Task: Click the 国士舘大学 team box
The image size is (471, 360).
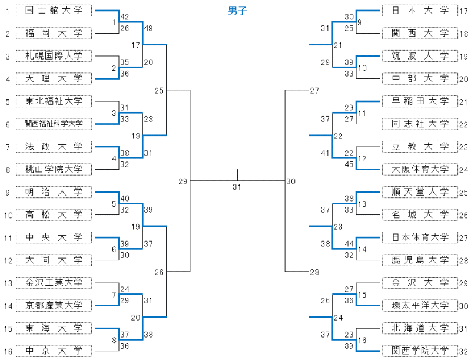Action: click(54, 11)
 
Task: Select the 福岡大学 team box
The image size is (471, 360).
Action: click(54, 33)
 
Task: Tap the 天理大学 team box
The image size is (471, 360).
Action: click(54, 78)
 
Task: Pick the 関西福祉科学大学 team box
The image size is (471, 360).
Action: click(54, 124)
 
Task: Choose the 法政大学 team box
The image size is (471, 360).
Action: click(54, 146)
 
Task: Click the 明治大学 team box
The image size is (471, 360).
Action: click(54, 192)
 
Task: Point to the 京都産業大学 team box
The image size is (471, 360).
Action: click(54, 305)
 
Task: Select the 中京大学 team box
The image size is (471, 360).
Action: click(54, 351)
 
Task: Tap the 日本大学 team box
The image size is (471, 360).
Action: click(420, 11)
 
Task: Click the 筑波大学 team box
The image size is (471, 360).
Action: click(420, 56)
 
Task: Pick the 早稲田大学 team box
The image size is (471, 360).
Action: click(420, 101)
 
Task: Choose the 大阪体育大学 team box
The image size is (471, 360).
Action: click(420, 169)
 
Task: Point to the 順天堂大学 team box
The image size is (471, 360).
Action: click(420, 192)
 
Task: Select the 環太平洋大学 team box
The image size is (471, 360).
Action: click(420, 305)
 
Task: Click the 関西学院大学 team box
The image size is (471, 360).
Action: click(420, 351)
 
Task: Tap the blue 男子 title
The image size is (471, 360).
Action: click(237, 10)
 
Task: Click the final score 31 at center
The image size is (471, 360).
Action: click(237, 187)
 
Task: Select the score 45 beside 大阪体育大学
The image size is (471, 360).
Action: click(350, 164)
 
